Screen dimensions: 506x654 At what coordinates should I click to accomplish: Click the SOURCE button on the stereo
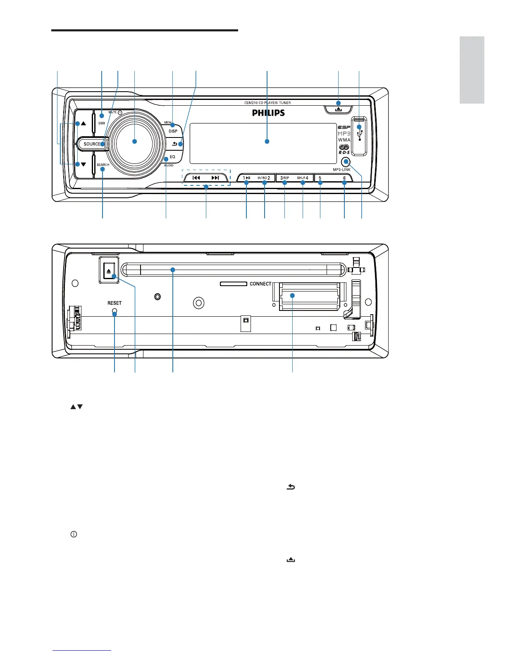point(92,144)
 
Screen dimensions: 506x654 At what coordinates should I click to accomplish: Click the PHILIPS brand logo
point(268,113)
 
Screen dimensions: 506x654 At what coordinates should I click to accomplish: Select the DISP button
point(173,130)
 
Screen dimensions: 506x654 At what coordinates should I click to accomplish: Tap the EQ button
point(172,157)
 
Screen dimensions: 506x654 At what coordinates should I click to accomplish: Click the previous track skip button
point(196,178)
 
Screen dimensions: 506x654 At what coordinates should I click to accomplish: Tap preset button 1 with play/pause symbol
point(246,178)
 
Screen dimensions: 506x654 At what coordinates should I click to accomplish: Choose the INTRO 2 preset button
point(264,178)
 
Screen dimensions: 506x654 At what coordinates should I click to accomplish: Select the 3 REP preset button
point(285,178)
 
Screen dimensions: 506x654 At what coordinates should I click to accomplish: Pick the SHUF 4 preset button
point(303,178)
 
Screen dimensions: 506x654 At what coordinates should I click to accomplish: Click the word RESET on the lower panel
point(115,303)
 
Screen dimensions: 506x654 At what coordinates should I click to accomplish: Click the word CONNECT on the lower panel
point(260,284)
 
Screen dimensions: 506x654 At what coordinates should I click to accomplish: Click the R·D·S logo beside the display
point(344,152)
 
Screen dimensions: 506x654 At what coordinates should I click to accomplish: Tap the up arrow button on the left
point(83,123)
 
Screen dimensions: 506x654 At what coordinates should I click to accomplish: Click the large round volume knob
point(134,141)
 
